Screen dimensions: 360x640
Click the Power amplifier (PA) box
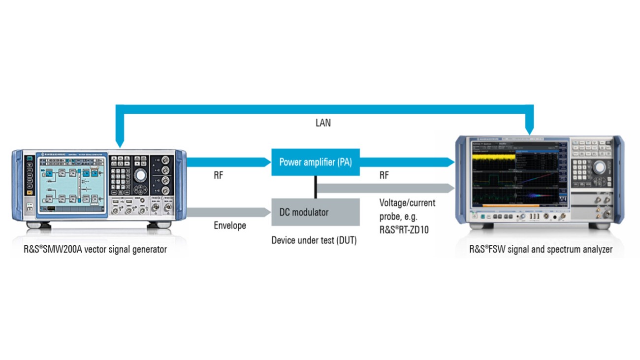pos(315,162)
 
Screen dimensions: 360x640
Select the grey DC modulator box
pos(315,212)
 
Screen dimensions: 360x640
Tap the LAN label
pos(323,123)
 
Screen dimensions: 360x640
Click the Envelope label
pos(230,226)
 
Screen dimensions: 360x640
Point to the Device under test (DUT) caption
pos(314,241)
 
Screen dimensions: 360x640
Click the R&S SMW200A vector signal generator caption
pos(96,249)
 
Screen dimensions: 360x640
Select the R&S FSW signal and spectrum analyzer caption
pos(541,249)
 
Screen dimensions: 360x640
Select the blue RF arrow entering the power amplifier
pos(229,162)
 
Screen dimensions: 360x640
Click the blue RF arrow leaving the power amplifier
pos(406,162)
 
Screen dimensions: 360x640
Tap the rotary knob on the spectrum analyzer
pos(599,167)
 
